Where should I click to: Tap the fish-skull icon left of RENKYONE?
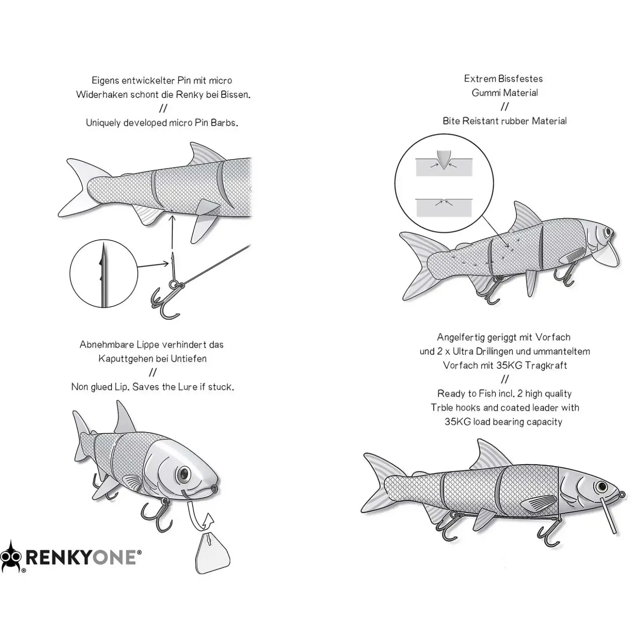[11, 557]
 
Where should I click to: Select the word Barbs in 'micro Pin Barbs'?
[224, 123]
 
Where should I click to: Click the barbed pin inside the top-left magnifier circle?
[103, 273]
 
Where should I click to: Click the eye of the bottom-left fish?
[184, 473]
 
